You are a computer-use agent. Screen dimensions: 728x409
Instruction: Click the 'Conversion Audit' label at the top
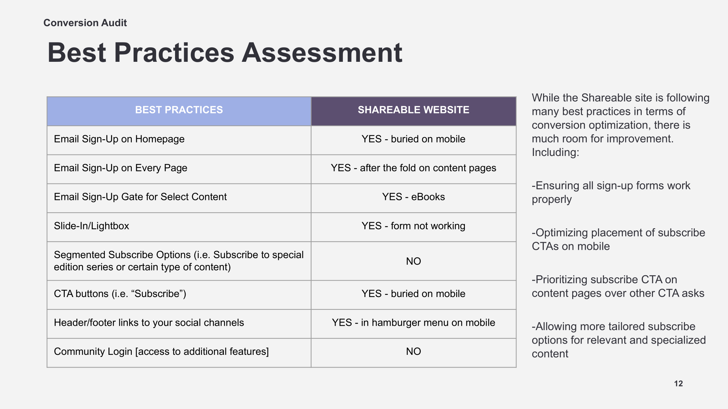click(85, 23)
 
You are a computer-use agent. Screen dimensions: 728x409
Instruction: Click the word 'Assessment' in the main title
click(322, 53)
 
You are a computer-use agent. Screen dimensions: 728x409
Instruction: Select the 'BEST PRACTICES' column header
click(179, 110)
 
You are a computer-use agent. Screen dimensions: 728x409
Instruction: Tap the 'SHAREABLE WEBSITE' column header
click(414, 110)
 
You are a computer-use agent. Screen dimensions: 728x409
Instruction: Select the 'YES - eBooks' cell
click(414, 197)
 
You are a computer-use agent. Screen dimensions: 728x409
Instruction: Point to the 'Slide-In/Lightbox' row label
click(91, 226)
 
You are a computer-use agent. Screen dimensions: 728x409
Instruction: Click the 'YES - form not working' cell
click(414, 226)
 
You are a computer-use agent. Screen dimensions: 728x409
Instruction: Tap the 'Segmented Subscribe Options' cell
click(179, 261)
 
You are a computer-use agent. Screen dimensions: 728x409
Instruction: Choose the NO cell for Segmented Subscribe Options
click(414, 261)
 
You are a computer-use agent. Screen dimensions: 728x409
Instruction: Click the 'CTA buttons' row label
click(120, 294)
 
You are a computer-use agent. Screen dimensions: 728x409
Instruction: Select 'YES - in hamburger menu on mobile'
click(414, 323)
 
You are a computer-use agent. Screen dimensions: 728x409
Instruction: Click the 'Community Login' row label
click(161, 352)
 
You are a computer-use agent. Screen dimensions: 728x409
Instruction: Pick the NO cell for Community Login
click(414, 351)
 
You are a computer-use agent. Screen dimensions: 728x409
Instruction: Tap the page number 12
click(678, 384)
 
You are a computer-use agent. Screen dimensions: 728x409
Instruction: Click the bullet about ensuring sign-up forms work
click(611, 192)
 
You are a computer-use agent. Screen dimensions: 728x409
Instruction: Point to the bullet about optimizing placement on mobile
click(618, 239)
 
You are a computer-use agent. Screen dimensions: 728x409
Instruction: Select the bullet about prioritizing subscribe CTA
click(618, 286)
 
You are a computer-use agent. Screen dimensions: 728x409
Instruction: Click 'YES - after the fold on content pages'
click(414, 168)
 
